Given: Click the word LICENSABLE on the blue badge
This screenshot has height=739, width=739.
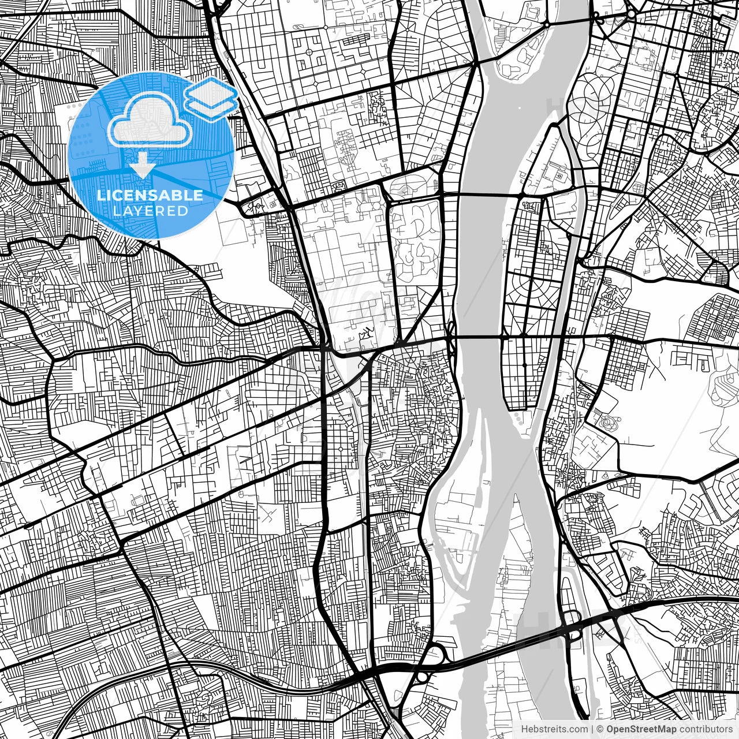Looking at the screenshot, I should point(150,195).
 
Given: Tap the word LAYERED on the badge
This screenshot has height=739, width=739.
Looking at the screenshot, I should point(150,211).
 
